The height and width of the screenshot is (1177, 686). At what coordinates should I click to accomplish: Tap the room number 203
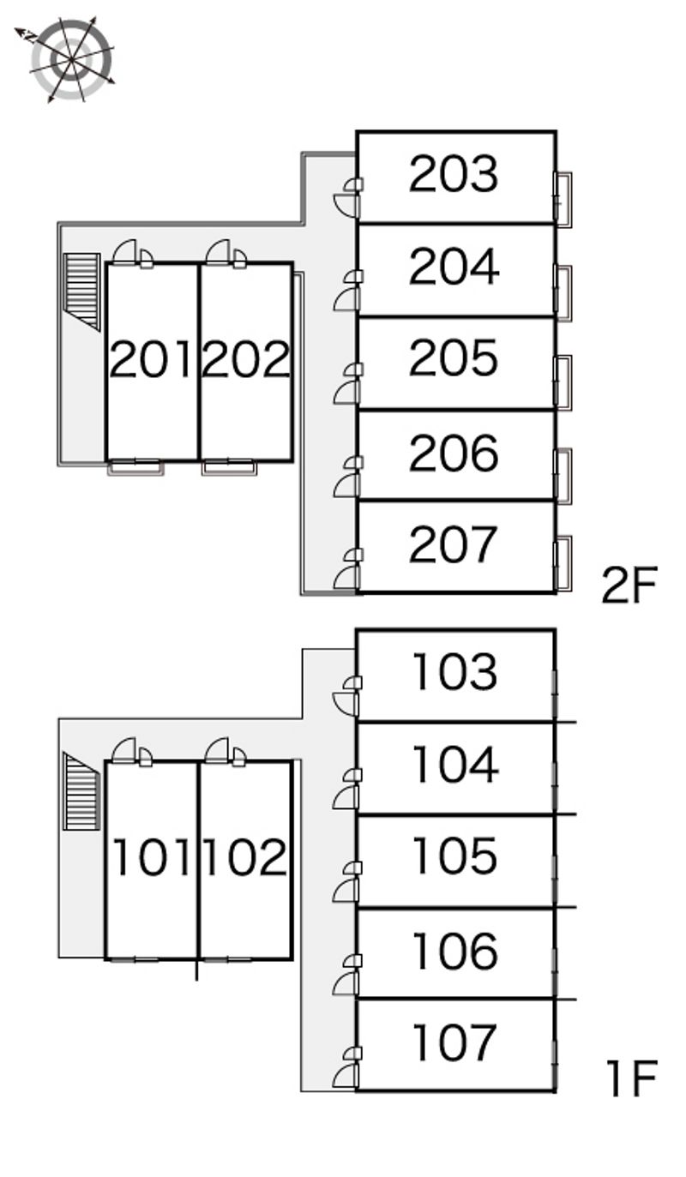(453, 173)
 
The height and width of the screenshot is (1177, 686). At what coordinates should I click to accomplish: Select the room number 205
(453, 357)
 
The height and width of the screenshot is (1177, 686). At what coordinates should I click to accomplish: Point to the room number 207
(453, 544)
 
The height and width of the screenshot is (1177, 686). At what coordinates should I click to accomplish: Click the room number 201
(151, 359)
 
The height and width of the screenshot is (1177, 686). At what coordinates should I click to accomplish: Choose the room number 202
(245, 359)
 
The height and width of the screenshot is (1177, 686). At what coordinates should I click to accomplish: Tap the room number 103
(454, 671)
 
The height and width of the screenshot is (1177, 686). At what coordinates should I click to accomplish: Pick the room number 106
(454, 951)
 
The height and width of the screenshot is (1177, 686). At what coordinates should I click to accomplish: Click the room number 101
(152, 857)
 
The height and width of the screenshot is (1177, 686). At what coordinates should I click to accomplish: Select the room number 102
(245, 857)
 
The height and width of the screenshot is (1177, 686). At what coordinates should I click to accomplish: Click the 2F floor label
(629, 585)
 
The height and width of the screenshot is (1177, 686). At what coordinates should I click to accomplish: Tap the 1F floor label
(632, 1078)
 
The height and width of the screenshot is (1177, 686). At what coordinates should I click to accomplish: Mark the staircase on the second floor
(81, 291)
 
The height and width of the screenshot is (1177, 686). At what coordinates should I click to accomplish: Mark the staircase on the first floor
(81, 791)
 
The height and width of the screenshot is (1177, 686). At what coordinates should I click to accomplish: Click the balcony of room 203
(563, 200)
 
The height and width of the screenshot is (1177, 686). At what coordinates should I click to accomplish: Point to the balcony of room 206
(563, 476)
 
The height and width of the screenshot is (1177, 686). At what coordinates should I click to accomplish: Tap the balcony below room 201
(135, 468)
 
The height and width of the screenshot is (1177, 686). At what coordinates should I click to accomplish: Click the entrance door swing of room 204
(346, 299)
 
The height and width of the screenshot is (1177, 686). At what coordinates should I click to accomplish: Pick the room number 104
(455, 765)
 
